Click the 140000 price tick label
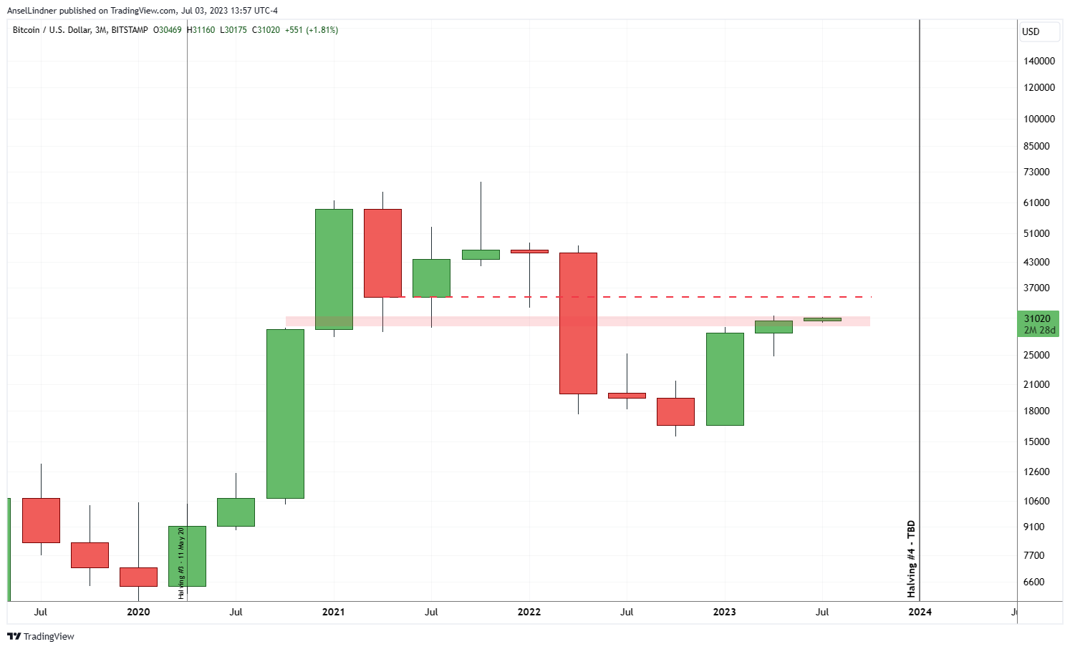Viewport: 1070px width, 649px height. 1038,61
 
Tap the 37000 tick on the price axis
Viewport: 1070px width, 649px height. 1036,288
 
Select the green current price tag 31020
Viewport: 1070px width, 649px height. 1038,324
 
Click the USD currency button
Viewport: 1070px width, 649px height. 1038,31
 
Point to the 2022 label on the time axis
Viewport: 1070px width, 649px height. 529,612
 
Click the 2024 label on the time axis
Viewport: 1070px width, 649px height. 920,612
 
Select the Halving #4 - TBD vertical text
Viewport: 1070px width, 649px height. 911,559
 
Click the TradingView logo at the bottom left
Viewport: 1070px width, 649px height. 41,636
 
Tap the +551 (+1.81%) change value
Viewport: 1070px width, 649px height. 312,30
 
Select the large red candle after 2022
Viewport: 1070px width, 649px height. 578,323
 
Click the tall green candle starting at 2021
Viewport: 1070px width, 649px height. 334,269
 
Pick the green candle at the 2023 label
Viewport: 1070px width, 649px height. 725,379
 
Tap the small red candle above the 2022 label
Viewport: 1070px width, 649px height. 529,251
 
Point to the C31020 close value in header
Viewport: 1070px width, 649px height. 266,30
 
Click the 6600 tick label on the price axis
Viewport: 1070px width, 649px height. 1033,582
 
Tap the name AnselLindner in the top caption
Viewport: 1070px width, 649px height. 32,11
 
